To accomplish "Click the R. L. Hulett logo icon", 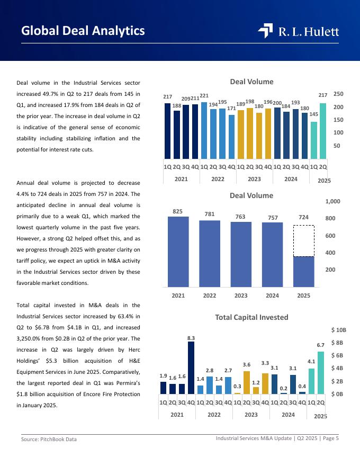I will (x=265, y=31).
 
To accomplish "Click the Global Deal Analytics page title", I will (x=83, y=31).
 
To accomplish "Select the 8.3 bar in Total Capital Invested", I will (x=191, y=368).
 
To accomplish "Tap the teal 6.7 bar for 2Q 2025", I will (x=321, y=373).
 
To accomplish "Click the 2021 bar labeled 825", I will (x=178, y=252).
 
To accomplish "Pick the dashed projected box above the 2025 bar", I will (x=303, y=241).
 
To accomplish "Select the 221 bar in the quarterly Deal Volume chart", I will (x=204, y=130).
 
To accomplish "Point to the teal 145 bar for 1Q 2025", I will (x=314, y=140).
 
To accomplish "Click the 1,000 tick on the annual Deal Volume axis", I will (x=339, y=201).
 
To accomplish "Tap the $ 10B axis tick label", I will (x=338, y=330).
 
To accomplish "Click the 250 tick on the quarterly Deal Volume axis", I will (x=338, y=94).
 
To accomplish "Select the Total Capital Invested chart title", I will (x=251, y=317).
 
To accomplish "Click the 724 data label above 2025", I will (x=303, y=217).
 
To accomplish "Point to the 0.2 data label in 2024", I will (x=284, y=388).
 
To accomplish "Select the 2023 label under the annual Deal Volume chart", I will (x=241, y=295).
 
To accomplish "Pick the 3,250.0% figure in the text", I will (x=31, y=339).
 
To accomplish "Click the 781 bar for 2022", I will (x=210, y=254).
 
